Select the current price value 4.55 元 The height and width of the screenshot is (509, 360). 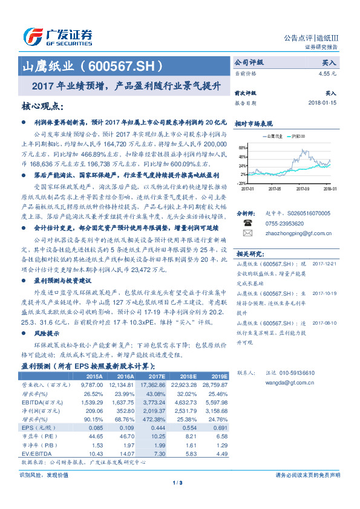coord(327,73)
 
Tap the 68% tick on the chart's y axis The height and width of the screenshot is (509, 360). coord(242,148)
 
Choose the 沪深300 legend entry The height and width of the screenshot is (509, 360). coord(298,137)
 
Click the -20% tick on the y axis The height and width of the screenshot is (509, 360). coord(241,183)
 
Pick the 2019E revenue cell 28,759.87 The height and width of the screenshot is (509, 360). coord(217,384)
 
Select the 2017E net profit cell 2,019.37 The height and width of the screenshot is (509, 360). coord(157,410)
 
